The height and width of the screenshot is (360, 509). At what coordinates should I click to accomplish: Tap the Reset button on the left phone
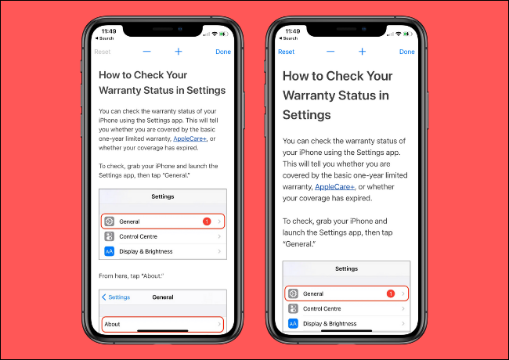[x=103, y=52]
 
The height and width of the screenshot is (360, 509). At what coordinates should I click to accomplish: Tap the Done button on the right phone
[x=406, y=52]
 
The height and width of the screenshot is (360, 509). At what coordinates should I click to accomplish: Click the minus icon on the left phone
[x=146, y=52]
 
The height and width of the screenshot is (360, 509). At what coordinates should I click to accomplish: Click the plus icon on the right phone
[x=362, y=52]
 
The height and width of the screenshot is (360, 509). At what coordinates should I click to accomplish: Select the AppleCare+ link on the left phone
[x=190, y=139]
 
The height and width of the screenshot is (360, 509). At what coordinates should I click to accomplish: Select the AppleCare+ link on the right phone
[x=334, y=187]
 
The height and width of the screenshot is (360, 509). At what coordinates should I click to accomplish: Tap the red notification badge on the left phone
[x=207, y=221]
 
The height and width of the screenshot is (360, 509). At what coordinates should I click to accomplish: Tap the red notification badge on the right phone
[x=391, y=293]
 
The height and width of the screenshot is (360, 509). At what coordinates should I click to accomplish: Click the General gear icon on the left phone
[x=110, y=221]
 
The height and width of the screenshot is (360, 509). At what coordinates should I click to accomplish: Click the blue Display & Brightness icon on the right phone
[x=293, y=323]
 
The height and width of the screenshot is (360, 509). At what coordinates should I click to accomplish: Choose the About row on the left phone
[x=163, y=324]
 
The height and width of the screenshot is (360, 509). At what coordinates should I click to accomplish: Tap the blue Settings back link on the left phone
[x=116, y=297]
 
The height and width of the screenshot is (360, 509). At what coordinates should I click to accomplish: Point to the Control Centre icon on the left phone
[x=110, y=236]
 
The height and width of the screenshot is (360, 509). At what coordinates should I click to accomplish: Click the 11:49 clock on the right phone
[x=293, y=31]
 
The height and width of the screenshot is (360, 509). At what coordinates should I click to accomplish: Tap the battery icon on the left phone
[x=224, y=34]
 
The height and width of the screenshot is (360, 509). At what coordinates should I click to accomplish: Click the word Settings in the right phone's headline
[x=306, y=115]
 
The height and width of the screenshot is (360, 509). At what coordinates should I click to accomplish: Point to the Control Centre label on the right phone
[x=322, y=309]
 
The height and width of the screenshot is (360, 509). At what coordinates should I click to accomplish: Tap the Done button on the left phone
[x=223, y=52]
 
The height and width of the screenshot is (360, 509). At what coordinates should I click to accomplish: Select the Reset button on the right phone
[x=286, y=52]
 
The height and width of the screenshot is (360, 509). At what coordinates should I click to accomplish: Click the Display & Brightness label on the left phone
[x=146, y=251]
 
